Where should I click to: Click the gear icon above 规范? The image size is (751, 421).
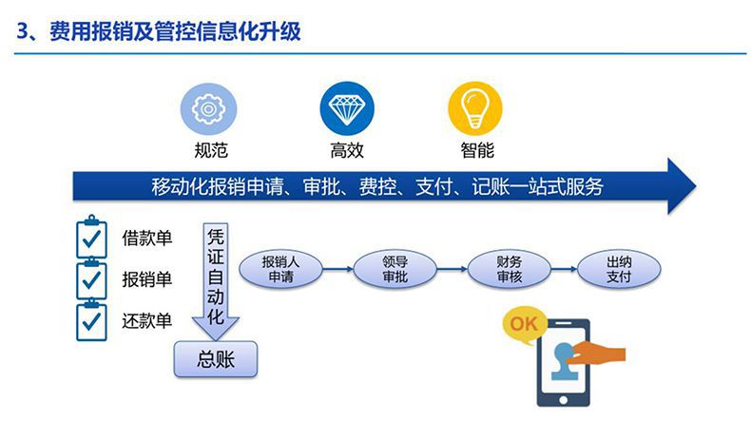208,109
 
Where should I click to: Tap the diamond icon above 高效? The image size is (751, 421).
347,108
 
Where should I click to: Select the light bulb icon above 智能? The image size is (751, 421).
475,108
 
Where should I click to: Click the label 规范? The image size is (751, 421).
211,150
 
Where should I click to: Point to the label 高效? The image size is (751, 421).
347,150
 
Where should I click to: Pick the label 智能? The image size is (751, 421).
477,150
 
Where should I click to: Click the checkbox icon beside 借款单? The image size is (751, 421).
91,237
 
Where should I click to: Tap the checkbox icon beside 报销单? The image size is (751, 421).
91,278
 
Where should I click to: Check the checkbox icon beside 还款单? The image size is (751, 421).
91,320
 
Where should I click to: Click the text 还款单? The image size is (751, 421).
146,320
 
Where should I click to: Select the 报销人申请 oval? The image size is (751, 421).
280,269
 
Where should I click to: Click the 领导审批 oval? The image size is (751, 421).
395,269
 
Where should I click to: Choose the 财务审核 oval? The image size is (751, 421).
509,269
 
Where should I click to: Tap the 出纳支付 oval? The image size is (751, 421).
619,269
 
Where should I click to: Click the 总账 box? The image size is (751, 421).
216,359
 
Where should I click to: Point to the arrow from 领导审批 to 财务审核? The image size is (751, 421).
452,269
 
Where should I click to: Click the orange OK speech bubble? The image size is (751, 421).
523,325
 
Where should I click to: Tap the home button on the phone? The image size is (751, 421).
563,400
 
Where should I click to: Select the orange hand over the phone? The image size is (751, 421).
597,354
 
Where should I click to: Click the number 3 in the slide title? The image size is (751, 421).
23,31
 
